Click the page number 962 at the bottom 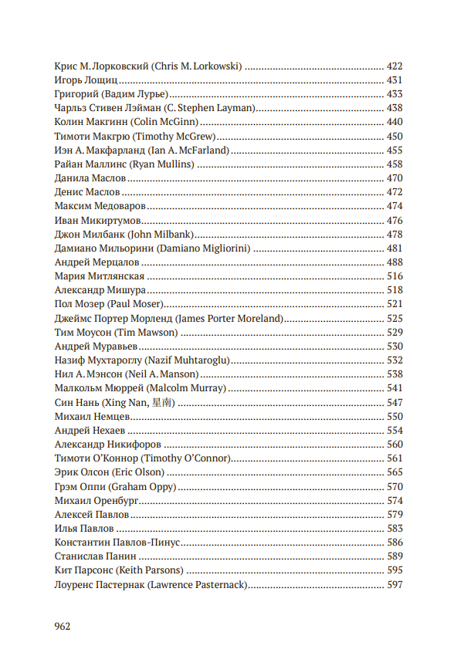pos(63,626)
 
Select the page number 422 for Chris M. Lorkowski pos(394,66)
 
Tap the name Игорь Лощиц pos(86,80)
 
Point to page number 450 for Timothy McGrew pos(394,136)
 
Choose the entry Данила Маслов pos(90,177)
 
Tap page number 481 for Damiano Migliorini pos(394,248)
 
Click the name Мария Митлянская pos(99,276)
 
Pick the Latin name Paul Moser pos(130,304)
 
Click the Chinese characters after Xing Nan pos(161,402)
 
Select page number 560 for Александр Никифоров pos(394,444)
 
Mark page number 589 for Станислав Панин pos(394,556)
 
